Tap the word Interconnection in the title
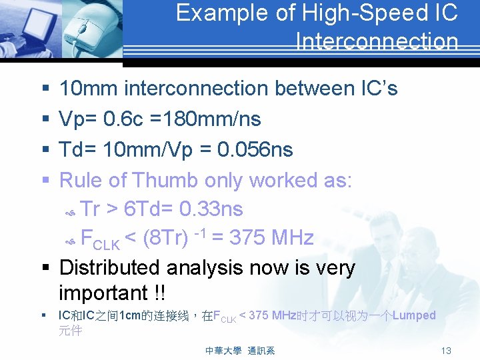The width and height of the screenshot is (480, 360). (x=377, y=42)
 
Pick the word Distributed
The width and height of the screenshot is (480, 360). (x=110, y=267)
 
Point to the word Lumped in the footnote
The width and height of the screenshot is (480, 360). (x=414, y=315)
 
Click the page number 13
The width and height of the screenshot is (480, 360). (x=446, y=351)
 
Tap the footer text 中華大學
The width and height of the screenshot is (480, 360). (x=223, y=351)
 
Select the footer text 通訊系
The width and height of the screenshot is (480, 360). (x=261, y=351)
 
